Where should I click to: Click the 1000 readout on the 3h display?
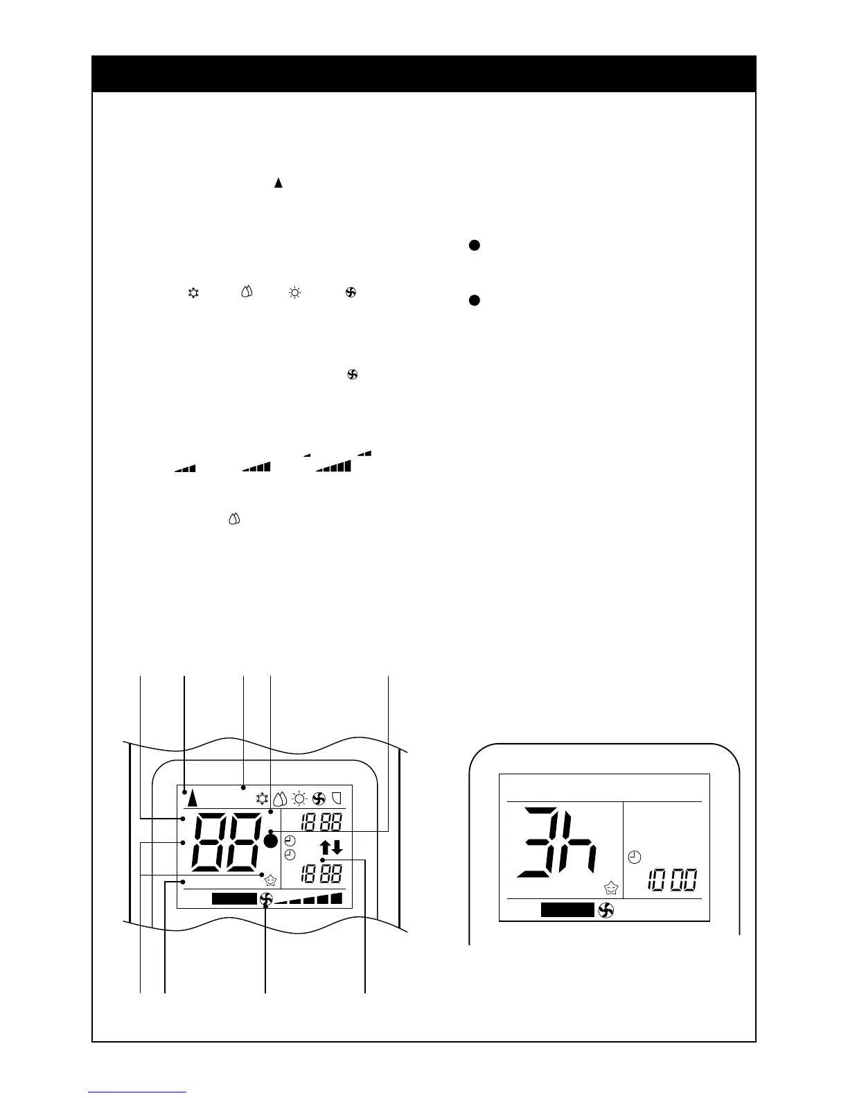coord(671,881)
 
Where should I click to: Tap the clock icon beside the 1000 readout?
coord(634,857)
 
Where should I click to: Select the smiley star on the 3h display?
coord(610,887)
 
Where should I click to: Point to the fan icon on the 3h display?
coord(606,910)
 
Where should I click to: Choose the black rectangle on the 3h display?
coord(567,910)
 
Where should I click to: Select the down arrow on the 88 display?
coord(337,847)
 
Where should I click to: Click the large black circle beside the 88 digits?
coord(271,841)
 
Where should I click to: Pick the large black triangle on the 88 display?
coord(192,799)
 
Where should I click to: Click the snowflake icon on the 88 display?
coord(263,798)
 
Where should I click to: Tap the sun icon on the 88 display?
coord(299,798)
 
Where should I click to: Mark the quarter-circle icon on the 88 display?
coord(337,798)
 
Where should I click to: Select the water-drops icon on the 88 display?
coord(281,798)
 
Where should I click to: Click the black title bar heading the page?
coord(423,73)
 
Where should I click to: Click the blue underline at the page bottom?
coord(137,1092)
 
